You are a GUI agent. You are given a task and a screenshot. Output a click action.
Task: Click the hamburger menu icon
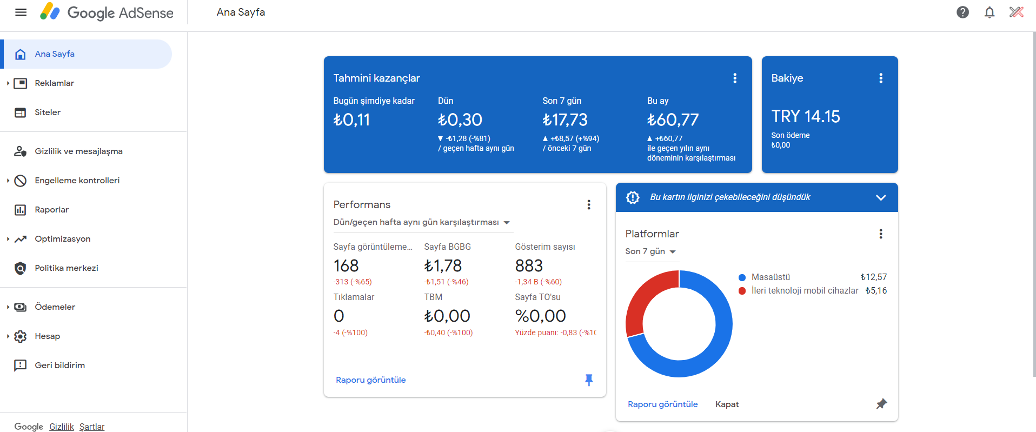click(x=21, y=12)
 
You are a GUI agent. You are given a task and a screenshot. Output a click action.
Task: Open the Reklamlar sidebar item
click(x=54, y=83)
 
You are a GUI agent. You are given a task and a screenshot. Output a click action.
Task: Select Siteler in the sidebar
click(x=48, y=112)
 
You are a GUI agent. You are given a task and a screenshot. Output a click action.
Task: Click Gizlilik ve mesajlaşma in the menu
click(x=78, y=151)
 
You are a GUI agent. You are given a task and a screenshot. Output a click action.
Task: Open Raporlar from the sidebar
click(x=51, y=210)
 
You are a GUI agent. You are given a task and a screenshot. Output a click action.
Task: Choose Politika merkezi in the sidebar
click(x=67, y=268)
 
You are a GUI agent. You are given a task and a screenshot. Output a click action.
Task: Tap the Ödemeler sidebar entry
click(x=55, y=307)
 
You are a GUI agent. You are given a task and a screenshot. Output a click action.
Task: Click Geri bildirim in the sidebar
click(x=59, y=365)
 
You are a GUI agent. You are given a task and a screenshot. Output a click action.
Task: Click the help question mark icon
click(x=962, y=12)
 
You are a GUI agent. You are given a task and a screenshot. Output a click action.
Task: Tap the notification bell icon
click(x=989, y=12)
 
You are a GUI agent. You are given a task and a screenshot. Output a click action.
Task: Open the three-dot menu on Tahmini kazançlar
click(x=735, y=78)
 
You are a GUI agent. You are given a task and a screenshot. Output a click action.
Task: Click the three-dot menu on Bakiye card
click(x=881, y=78)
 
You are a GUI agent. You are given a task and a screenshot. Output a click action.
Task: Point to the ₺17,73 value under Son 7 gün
click(x=565, y=119)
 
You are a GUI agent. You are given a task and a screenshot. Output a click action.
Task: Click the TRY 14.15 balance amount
click(x=805, y=116)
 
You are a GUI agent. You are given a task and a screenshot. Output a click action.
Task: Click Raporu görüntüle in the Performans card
click(x=370, y=380)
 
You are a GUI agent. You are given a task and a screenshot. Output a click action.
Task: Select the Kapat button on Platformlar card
click(x=727, y=404)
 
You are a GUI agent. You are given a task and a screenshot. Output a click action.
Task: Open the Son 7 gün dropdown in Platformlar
click(x=651, y=251)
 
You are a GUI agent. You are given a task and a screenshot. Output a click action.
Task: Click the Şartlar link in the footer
click(x=92, y=427)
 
